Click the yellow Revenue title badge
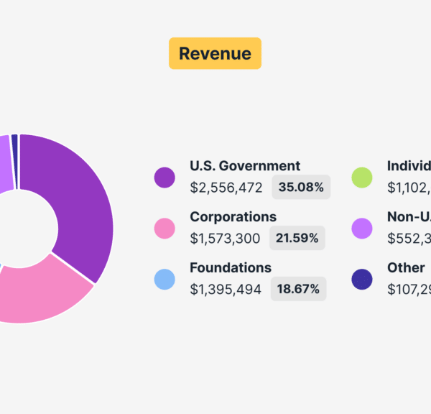[215, 53]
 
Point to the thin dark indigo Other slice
[14, 142]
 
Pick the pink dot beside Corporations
[164, 228]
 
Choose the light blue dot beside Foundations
[164, 279]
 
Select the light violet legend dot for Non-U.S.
[361, 228]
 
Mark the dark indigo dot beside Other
[361, 279]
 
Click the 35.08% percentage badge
[301, 188]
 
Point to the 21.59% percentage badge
[297, 238]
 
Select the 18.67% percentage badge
[298, 289]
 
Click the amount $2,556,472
[226, 188]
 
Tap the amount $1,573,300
[225, 238]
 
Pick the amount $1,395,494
[226, 289]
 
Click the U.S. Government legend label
[245, 166]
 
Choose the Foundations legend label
[231, 267]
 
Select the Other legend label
[406, 267]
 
